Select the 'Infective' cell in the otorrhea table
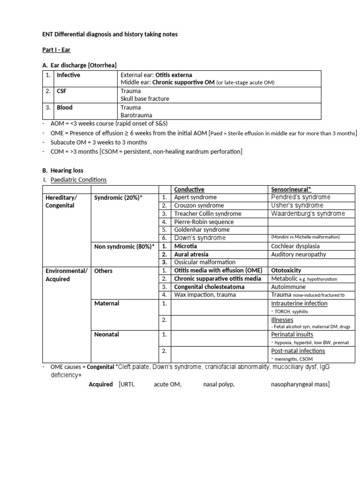tap(68, 75)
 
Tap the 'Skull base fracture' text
tap(145, 99)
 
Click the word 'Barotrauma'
tap(136, 115)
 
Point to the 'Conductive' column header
tap(189, 189)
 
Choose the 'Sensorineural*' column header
tap(291, 189)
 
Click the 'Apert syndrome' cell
tap(195, 197)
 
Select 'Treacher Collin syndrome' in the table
tap(207, 214)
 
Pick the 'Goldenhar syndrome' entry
tap(202, 230)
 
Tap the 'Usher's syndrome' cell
tap(297, 205)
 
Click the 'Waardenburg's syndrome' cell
tap(308, 214)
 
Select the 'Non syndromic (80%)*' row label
tap(124, 246)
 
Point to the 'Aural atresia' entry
tap(192, 255)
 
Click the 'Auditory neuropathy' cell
tap(299, 255)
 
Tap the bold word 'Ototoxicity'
tap(286, 270)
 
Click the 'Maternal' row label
tap(106, 303)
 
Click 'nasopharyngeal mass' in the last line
tap(300, 384)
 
